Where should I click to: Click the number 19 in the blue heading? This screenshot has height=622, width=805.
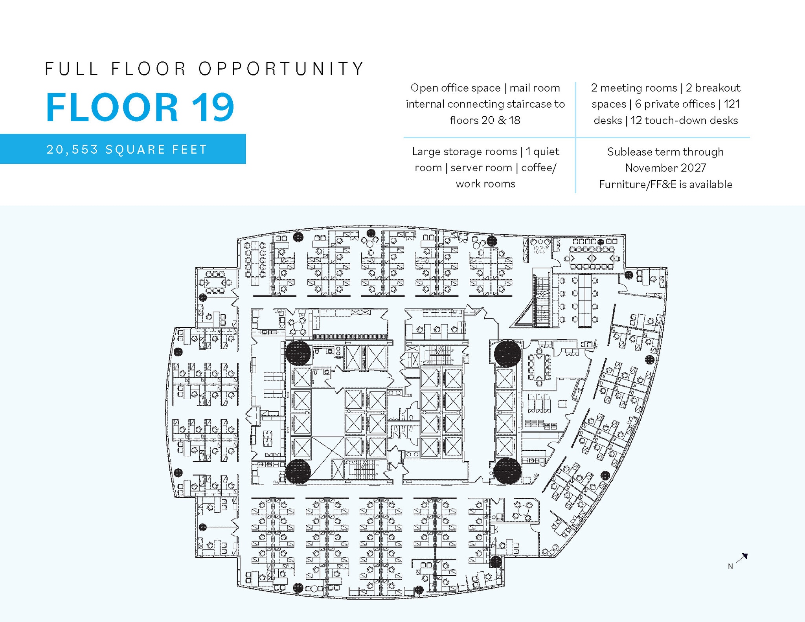coord(213,107)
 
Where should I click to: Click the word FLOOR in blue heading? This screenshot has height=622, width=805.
coord(112,107)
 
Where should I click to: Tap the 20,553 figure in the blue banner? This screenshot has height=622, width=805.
coord(72,149)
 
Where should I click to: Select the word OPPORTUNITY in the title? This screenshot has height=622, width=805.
coord(281,69)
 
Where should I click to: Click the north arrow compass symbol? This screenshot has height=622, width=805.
coord(742,558)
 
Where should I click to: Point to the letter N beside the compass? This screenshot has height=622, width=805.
coord(730,566)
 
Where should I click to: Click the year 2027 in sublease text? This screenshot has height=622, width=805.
coord(693,168)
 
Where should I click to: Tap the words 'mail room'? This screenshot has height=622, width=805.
coord(535,88)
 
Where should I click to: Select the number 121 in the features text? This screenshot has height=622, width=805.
coord(732,104)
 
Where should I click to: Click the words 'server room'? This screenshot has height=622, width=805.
coord(481,168)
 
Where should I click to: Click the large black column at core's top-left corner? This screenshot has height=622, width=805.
coord(298,352)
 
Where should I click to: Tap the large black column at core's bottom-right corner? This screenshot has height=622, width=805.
coord(507,470)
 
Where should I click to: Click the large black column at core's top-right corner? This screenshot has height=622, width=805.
coord(507,353)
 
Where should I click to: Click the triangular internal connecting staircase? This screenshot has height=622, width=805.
coord(535,306)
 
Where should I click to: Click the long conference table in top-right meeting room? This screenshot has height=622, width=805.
coord(592,258)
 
